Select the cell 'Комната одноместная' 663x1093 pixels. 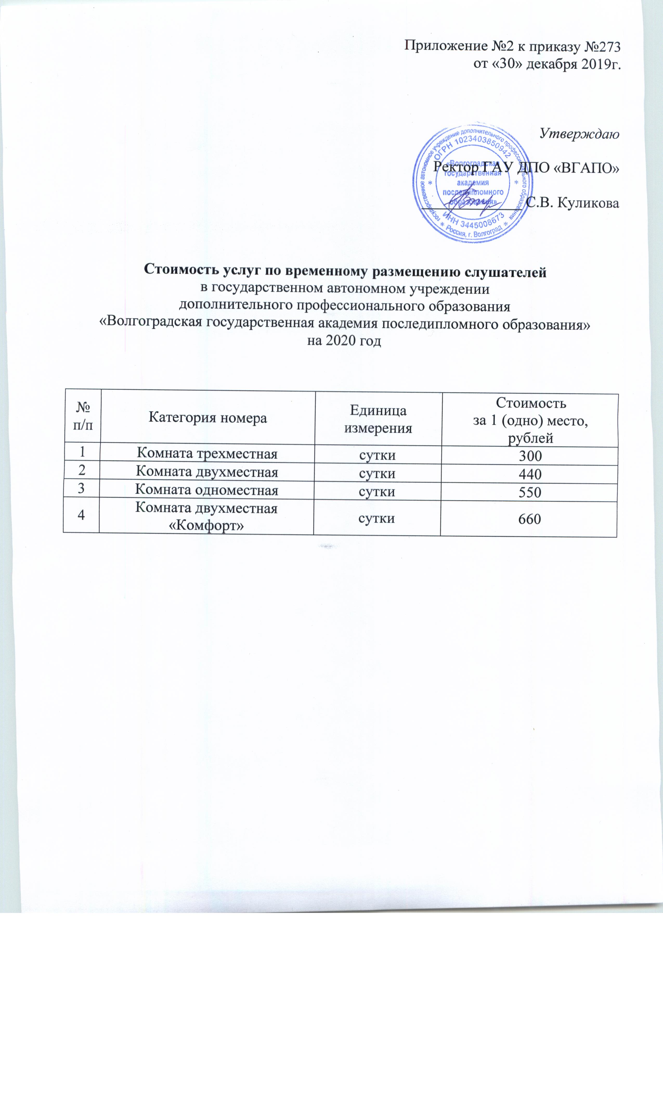click(206, 490)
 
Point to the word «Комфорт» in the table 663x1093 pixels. click(206, 526)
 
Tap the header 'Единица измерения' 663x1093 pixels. click(378, 419)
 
